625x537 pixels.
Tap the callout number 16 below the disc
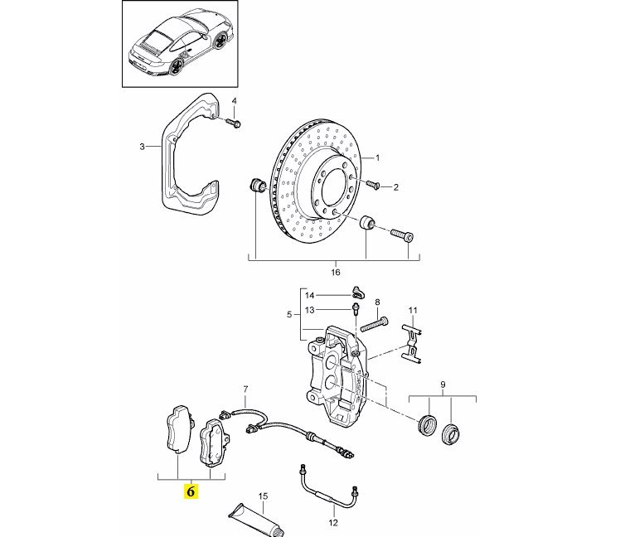tap(335, 271)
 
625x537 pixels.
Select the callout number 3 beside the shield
tap(142, 147)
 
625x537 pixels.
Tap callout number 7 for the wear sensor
tap(245, 389)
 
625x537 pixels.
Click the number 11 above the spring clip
tap(411, 310)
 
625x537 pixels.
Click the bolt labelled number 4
tap(235, 123)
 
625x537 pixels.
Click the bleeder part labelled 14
tap(357, 291)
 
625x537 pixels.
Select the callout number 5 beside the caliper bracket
tap(288, 315)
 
